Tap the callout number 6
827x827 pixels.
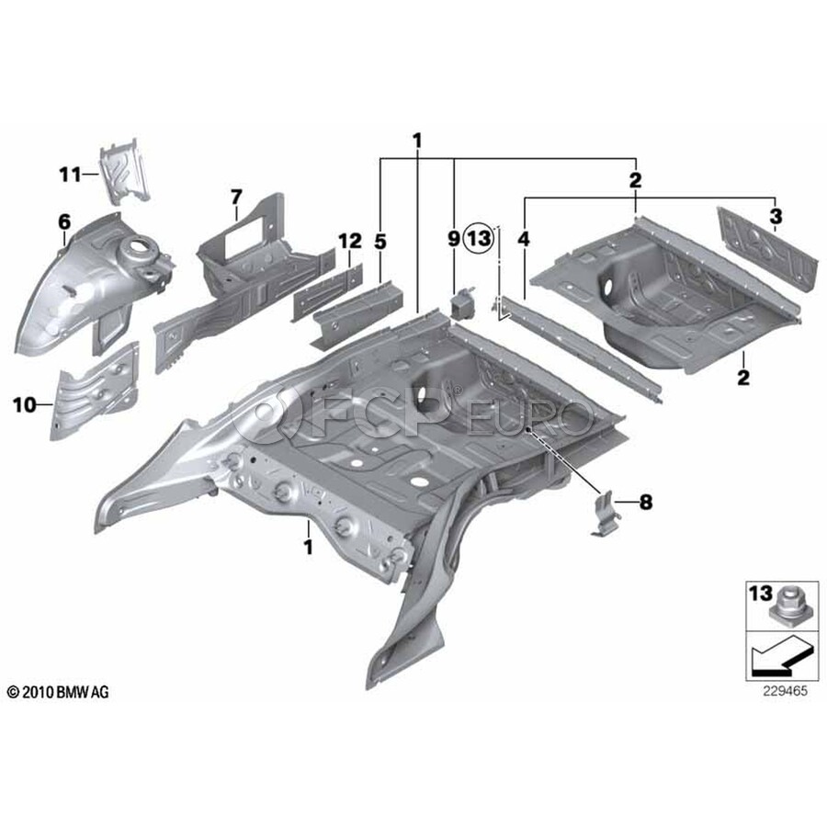point(64,221)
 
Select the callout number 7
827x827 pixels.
point(235,197)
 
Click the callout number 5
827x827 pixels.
point(381,241)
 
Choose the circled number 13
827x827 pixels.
point(480,239)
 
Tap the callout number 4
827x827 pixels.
point(524,239)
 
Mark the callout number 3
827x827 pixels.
point(776,217)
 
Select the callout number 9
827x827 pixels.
point(453,239)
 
